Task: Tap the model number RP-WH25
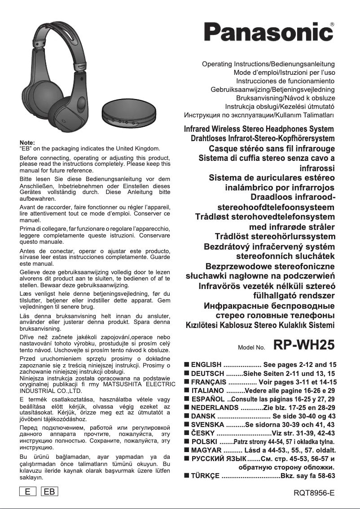pyautogui.click(x=304, y=345)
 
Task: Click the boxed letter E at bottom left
pyautogui.click(x=28, y=492)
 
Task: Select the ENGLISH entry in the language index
pyautogui.click(x=206, y=365)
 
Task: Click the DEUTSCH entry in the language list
pyautogui.click(x=208, y=373)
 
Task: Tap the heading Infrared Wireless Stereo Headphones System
pyautogui.click(x=259, y=129)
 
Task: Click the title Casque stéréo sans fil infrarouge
pyautogui.click(x=272, y=148)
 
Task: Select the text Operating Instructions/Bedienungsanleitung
pyautogui.click(x=269, y=64)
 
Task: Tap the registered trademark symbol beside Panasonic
pyautogui.click(x=332, y=24)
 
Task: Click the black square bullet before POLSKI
pyautogui.click(x=187, y=442)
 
